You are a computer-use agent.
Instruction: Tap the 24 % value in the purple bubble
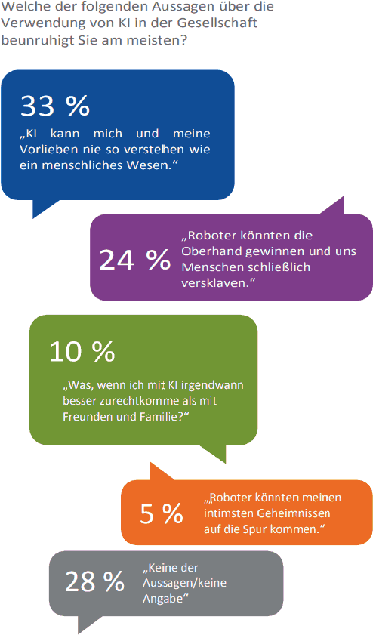pos(134,259)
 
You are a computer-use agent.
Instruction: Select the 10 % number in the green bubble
pos(82,351)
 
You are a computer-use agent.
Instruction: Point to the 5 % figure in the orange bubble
pos(161,513)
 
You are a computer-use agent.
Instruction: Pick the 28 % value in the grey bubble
pos(95,582)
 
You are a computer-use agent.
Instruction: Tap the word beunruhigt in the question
pos(34,41)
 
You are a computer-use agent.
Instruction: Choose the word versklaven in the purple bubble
pos(215,283)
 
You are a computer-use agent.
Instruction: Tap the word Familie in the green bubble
pos(164,416)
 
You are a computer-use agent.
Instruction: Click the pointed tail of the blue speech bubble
pos(34,217)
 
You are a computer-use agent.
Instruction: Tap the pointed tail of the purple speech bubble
pos(343,198)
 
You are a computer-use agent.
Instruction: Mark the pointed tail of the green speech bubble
pos(225,462)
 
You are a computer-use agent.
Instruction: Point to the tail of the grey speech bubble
pos(79,633)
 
